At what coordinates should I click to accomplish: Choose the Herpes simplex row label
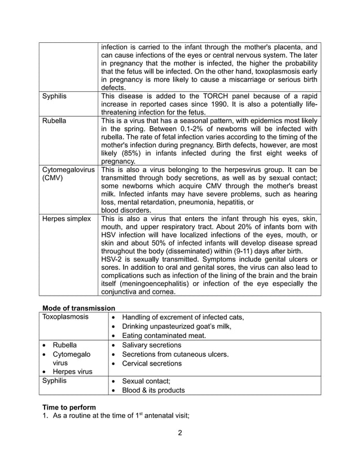(67, 219)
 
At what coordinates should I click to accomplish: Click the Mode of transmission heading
(79, 308)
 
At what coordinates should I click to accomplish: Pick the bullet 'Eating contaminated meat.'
(164, 335)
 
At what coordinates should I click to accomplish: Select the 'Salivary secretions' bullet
(152, 345)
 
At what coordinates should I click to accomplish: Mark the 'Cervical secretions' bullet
(152, 363)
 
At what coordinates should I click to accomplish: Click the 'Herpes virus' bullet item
(72, 372)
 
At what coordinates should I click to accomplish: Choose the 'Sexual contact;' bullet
(146, 381)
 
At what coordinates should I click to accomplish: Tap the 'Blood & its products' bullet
(153, 390)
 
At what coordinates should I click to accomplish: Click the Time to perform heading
(69, 407)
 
